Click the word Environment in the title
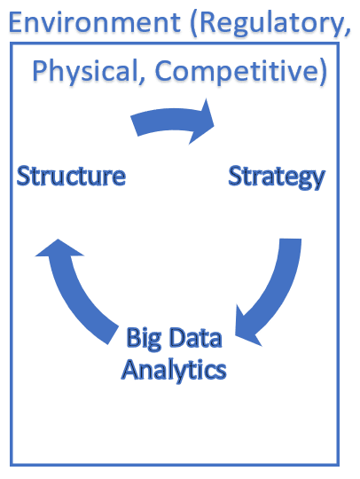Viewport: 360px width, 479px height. [95, 22]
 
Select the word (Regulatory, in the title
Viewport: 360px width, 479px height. [270, 25]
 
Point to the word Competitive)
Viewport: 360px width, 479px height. [241, 72]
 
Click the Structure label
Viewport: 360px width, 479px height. [71, 176]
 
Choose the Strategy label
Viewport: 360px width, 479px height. [277, 177]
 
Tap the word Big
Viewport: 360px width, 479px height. [144, 338]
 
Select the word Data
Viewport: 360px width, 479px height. [195, 337]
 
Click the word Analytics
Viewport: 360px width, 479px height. [174, 370]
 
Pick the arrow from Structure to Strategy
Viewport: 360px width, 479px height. [171, 120]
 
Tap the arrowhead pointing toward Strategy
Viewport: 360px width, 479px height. [202, 122]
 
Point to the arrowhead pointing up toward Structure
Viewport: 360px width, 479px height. [59, 248]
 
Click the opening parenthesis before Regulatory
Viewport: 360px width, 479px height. [193, 25]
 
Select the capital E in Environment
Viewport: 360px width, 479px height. [16, 22]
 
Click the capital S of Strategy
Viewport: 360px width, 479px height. [235, 176]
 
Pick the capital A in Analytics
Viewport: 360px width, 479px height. [130, 369]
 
